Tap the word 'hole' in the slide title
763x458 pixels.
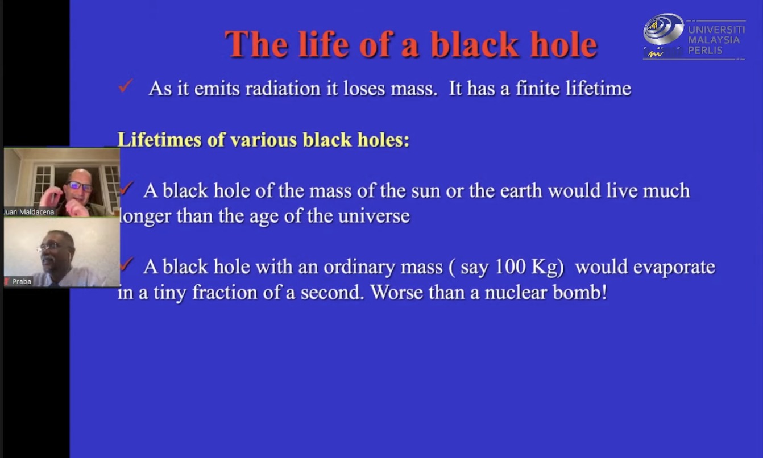click(x=564, y=44)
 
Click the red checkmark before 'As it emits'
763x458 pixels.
click(x=125, y=85)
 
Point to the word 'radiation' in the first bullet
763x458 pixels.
click(x=283, y=89)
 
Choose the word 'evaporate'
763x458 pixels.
click(x=674, y=268)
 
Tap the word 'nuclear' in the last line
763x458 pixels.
click(x=515, y=293)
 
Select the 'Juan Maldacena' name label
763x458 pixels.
click(x=29, y=212)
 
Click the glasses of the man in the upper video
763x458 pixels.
click(x=80, y=186)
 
